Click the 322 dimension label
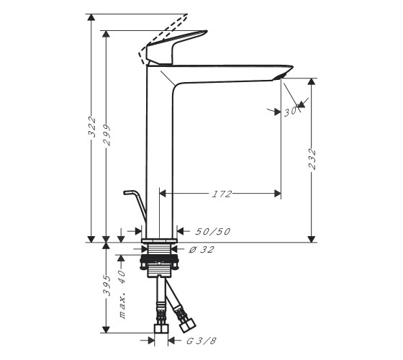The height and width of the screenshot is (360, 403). (x=92, y=127)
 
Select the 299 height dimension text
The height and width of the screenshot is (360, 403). (x=107, y=135)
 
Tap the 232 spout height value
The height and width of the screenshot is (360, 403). (x=312, y=159)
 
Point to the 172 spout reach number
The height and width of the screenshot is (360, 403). (x=222, y=194)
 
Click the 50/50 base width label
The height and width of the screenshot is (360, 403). (x=213, y=231)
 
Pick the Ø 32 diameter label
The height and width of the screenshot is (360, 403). (x=201, y=249)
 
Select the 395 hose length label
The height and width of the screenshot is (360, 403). (x=107, y=285)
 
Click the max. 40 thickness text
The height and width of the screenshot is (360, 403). (x=122, y=294)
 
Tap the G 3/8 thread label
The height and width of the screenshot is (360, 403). (x=201, y=341)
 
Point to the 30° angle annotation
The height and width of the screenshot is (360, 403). (x=291, y=112)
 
